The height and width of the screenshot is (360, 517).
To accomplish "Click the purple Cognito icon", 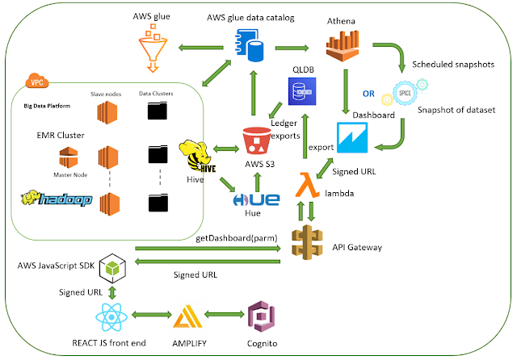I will pos(264,316).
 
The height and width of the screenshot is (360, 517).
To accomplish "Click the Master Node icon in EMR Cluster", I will pos(68,158).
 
